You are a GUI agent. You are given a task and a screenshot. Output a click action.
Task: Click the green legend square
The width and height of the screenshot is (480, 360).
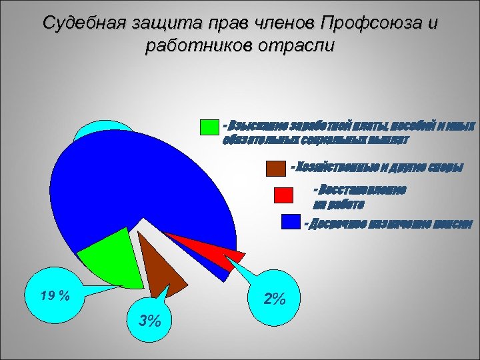point(209,127)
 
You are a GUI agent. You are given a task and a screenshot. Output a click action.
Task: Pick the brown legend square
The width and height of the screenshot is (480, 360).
point(275,169)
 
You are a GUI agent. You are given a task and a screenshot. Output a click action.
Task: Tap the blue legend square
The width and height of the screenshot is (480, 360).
point(291,221)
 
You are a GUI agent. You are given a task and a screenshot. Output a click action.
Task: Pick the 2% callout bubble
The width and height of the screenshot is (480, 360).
point(273,299)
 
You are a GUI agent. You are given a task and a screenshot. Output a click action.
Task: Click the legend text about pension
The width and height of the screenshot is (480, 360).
point(389,223)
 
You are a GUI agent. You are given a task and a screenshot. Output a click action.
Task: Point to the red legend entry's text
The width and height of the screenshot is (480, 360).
point(360,195)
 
